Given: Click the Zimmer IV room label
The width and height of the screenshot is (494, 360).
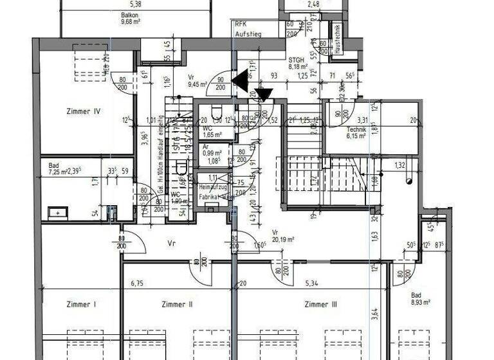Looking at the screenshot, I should pyautogui.click(x=83, y=111).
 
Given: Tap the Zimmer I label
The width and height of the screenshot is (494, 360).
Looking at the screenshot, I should pyautogui.click(x=80, y=305).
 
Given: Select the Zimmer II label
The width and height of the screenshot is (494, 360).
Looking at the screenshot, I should pyautogui.click(x=178, y=305).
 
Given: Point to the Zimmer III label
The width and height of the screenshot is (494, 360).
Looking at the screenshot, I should pyautogui.click(x=321, y=305).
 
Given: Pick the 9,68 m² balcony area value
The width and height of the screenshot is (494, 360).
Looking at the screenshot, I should pyautogui.click(x=130, y=21).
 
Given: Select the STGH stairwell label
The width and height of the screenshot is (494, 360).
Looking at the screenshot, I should pyautogui.click(x=296, y=60).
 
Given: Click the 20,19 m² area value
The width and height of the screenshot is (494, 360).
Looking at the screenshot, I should pyautogui.click(x=282, y=239).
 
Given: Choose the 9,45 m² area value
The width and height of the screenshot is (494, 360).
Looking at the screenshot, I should pyautogui.click(x=197, y=84).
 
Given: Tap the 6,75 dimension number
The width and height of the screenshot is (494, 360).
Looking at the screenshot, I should pyautogui.click(x=136, y=283).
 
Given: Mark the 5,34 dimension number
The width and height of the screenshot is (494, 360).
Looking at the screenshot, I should pyautogui.click(x=312, y=283).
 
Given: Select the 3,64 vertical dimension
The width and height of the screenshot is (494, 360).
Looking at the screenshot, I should pyautogui.click(x=374, y=314).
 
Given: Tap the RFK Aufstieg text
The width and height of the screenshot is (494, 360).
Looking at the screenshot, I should pyautogui.click(x=247, y=28).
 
